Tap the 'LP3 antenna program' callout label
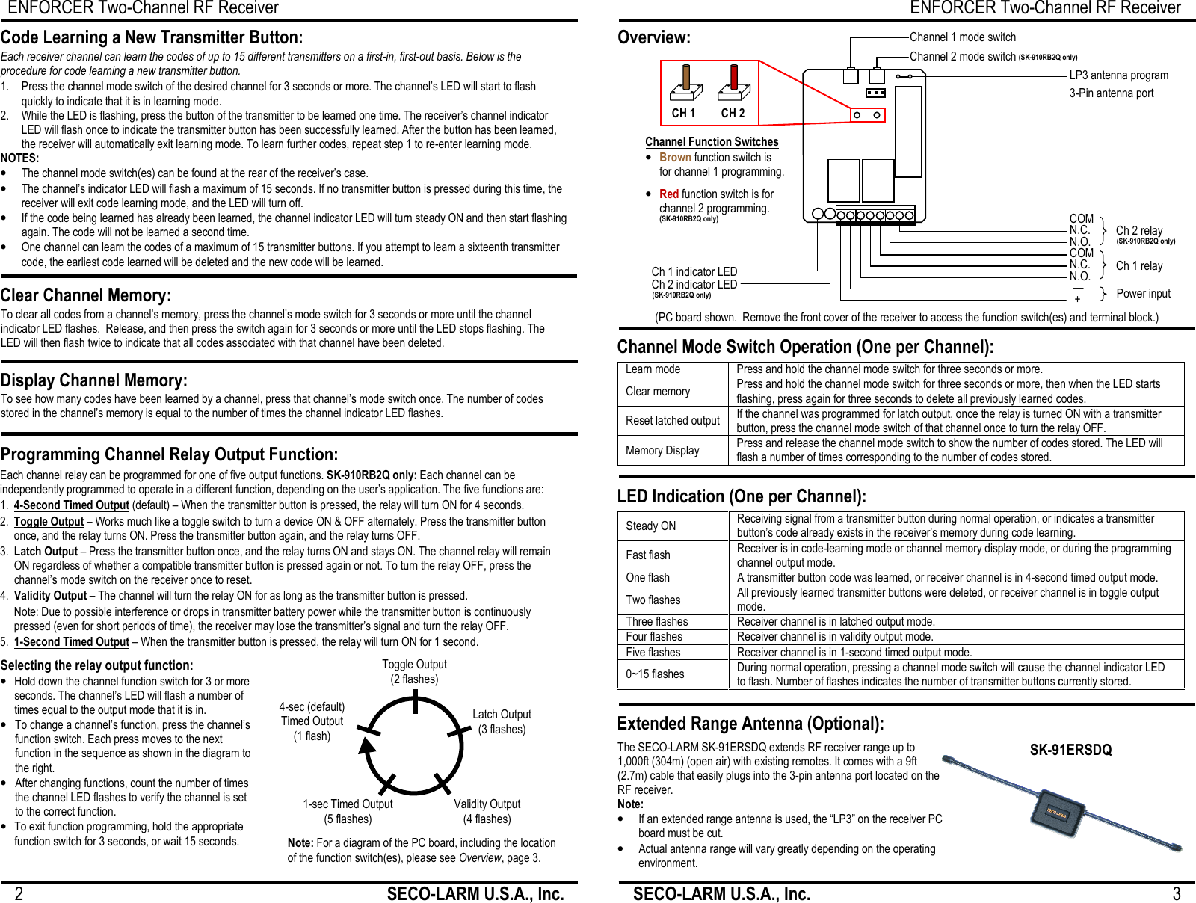coord(1118,75)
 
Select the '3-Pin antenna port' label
coord(1111,93)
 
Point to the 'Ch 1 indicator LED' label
coord(694,271)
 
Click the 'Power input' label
coord(1143,294)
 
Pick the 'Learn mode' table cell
coord(653,369)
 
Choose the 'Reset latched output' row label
coord(672,421)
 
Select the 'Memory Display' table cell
coord(662,451)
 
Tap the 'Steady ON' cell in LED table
coord(650,526)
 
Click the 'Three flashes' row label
coord(656,622)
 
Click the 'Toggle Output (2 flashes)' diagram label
coord(414,671)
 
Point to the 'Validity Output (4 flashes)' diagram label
coord(487,811)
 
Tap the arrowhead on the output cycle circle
coord(366,746)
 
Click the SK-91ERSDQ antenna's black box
coord(1056,813)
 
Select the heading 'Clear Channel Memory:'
coord(86,295)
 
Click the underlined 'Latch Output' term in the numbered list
coord(46,552)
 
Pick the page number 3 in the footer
coord(1176,894)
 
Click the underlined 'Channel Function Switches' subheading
coord(712,142)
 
